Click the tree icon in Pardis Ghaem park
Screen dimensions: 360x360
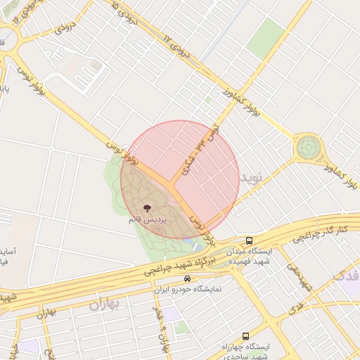coord(146,208)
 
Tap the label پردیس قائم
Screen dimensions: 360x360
coord(148,220)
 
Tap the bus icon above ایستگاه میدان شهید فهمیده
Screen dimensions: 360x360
coord(250,240)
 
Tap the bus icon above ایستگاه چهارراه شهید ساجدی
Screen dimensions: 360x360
coord(245,336)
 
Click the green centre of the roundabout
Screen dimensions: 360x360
coord(308,148)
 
